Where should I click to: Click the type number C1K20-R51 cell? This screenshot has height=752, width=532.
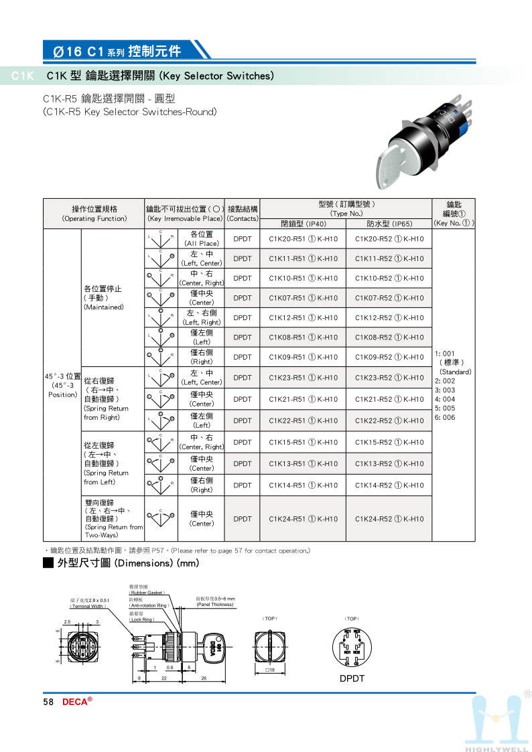(x=303, y=239)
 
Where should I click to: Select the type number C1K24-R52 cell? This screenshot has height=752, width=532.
(x=389, y=519)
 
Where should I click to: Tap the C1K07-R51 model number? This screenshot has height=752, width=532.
(x=303, y=298)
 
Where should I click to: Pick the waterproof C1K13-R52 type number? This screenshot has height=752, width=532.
(x=389, y=463)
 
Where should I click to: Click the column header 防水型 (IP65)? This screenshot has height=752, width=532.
(x=389, y=224)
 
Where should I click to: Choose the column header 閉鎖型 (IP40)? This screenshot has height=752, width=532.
(x=303, y=224)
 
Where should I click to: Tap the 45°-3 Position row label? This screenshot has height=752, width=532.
(x=62, y=385)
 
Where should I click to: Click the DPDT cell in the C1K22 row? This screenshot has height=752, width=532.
(x=242, y=421)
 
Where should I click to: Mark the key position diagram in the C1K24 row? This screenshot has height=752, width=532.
(x=161, y=518)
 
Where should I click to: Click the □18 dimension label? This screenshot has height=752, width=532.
(x=270, y=670)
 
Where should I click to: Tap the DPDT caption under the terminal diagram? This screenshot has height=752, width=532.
(x=352, y=678)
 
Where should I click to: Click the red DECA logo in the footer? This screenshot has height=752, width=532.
(x=77, y=702)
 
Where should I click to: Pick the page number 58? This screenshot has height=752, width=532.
(x=48, y=702)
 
